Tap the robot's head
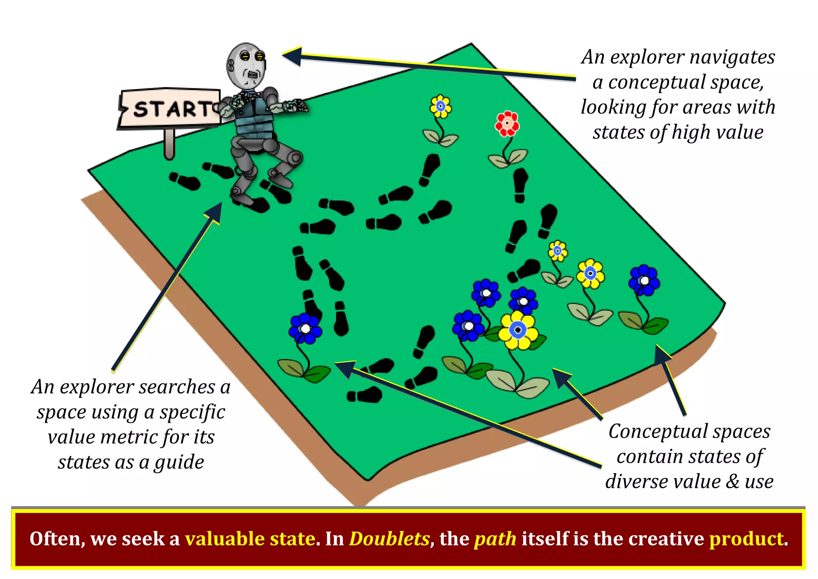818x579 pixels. (246, 66)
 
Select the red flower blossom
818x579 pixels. (507, 123)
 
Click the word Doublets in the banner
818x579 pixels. (389, 539)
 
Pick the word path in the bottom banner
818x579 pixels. (495, 539)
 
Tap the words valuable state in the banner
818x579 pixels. (250, 539)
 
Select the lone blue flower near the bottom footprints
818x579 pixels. (305, 328)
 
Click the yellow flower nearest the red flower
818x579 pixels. (441, 106)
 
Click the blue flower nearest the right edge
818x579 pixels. (644, 280)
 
